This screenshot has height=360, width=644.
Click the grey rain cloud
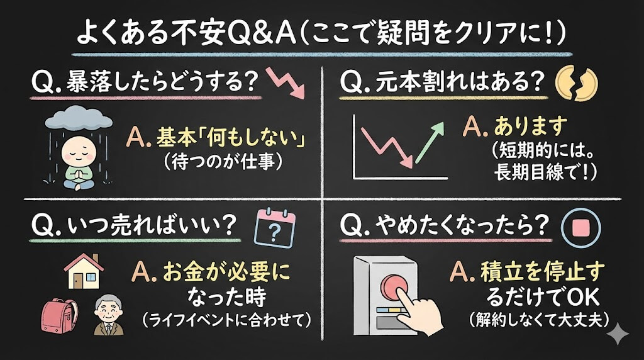tap(79, 118)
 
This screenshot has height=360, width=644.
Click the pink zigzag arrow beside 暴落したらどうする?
tap(286, 83)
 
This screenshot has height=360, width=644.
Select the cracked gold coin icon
tap(576, 84)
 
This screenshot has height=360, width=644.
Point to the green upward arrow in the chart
tap(430, 142)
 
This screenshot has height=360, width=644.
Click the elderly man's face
tap(108, 311)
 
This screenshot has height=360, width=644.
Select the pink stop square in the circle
tap(580, 227)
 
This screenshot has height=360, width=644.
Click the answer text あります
tap(530, 125)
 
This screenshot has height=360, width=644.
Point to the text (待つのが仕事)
tap(223, 162)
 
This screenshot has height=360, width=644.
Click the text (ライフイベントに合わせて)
tap(226, 319)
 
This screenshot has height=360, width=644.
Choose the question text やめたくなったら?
tap(462, 225)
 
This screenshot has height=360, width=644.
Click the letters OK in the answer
tap(583, 296)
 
